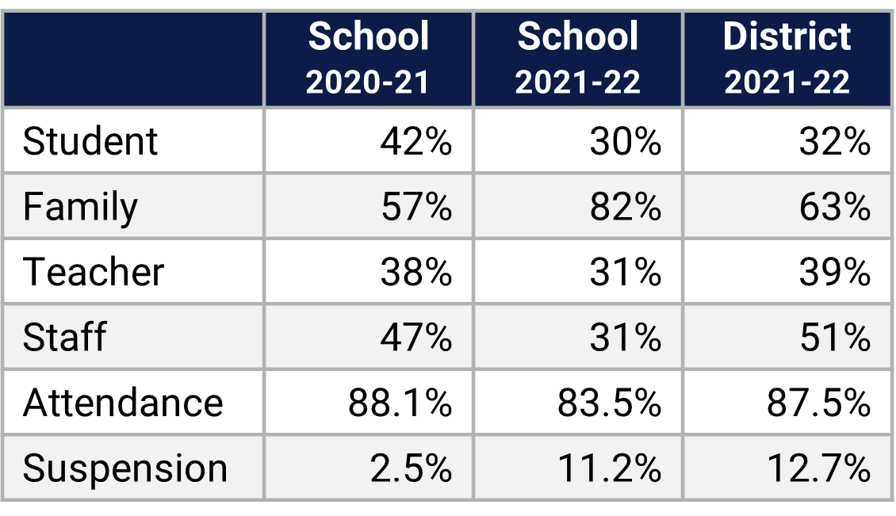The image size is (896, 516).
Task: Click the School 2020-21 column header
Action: pyautogui.click(x=369, y=59)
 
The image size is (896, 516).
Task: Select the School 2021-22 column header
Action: pyautogui.click(x=578, y=59)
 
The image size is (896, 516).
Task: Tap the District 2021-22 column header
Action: pyautogui.click(x=787, y=59)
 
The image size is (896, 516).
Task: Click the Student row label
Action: pyautogui.click(x=90, y=142)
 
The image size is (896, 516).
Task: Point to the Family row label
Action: pyautogui.click(x=80, y=207)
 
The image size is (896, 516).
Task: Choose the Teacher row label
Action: pyautogui.click(x=94, y=272)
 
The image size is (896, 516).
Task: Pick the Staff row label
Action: pyautogui.click(x=64, y=337)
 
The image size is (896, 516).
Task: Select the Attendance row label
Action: pyautogui.click(x=123, y=403)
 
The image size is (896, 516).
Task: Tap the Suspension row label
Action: pyautogui.click(x=125, y=468)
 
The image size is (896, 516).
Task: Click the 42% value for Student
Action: pyautogui.click(x=415, y=142)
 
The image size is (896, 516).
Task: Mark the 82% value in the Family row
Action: pyautogui.click(x=625, y=207)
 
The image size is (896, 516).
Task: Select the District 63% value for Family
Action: pyautogui.click(x=834, y=207)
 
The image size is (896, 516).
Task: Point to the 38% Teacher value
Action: pyautogui.click(x=415, y=272)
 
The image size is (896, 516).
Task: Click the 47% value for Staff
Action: pyautogui.click(x=415, y=337)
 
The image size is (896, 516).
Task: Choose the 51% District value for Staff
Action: pyautogui.click(x=834, y=337)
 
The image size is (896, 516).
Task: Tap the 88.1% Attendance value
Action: pyautogui.click(x=400, y=403)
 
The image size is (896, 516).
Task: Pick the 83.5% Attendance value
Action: pyautogui.click(x=609, y=403)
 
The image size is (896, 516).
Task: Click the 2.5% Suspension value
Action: pyautogui.click(x=411, y=468)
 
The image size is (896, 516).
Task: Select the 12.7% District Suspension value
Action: pyautogui.click(x=818, y=468)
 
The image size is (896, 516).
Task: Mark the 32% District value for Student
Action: pyautogui.click(x=834, y=142)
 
